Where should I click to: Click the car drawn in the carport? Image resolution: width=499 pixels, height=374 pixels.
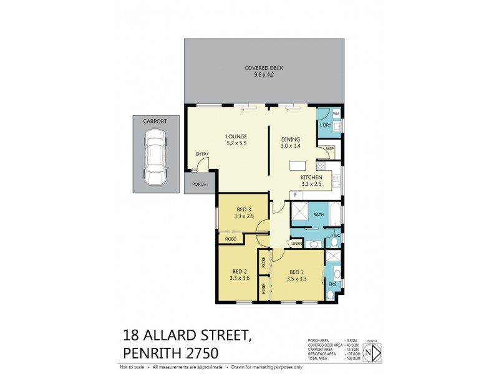point(154,157)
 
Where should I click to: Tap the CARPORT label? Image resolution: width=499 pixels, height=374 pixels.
point(154,121)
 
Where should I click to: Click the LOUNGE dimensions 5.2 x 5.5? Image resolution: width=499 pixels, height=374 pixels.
point(236,144)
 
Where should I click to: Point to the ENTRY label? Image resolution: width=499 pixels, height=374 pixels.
point(202,154)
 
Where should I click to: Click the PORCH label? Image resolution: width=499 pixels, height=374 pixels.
point(199,184)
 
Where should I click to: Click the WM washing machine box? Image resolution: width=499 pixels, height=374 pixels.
point(336,114)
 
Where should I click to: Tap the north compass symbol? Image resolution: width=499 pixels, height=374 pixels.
point(372,353)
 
